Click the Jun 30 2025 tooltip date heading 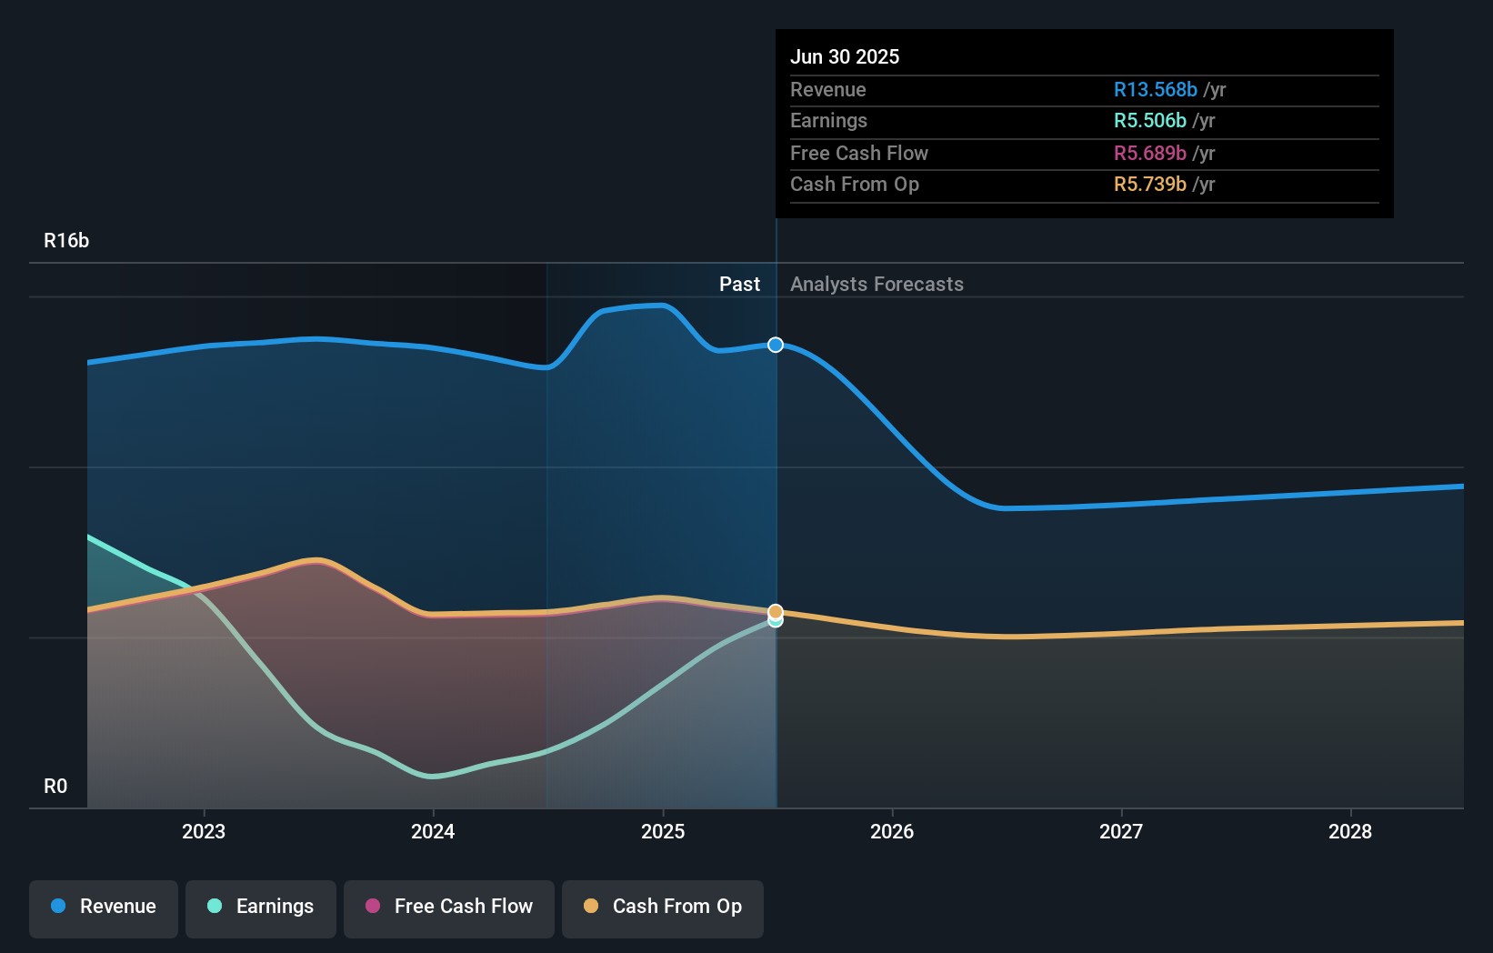844,56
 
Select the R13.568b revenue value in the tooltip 1155,89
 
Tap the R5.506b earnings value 1149,120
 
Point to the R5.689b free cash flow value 1149,153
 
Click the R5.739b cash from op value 1149,184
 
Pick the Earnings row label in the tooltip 828,120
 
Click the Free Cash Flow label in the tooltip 858,153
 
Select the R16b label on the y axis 66,240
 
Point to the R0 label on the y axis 55,786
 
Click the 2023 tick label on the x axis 204,831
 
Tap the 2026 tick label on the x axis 891,831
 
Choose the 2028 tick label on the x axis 1349,831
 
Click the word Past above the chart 739,284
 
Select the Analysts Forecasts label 877,284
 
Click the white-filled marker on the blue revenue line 776,345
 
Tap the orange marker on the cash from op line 776,612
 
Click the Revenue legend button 104,907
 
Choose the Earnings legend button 261,907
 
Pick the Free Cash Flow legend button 449,907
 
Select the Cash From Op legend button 663,907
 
